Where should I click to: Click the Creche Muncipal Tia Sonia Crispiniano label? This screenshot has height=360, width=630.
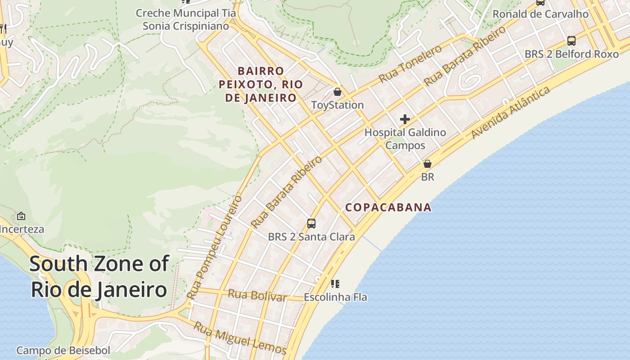click(185, 19)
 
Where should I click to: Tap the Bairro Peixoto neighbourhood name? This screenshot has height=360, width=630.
click(261, 84)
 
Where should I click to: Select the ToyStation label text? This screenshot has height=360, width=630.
click(337, 105)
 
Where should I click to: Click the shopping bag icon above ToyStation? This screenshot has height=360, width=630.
click(337, 92)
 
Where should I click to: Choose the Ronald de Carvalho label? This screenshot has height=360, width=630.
click(540, 14)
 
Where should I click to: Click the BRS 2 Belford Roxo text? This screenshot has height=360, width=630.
click(571, 54)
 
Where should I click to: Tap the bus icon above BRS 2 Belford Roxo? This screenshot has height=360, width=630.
click(571, 41)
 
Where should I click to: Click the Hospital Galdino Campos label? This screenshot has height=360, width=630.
click(405, 139)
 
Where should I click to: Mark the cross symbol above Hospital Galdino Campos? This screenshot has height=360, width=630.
click(405, 119)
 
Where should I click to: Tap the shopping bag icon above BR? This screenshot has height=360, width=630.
click(427, 164)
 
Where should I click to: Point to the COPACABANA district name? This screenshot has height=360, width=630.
click(388, 207)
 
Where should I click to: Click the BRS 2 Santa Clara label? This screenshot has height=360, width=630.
click(311, 236)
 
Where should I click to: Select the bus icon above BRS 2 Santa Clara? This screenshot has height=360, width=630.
click(311, 223)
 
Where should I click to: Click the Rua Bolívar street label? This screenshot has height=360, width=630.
click(257, 296)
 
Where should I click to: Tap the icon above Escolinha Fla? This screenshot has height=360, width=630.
click(335, 284)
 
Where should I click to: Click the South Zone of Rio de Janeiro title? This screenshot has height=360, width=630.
click(99, 276)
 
